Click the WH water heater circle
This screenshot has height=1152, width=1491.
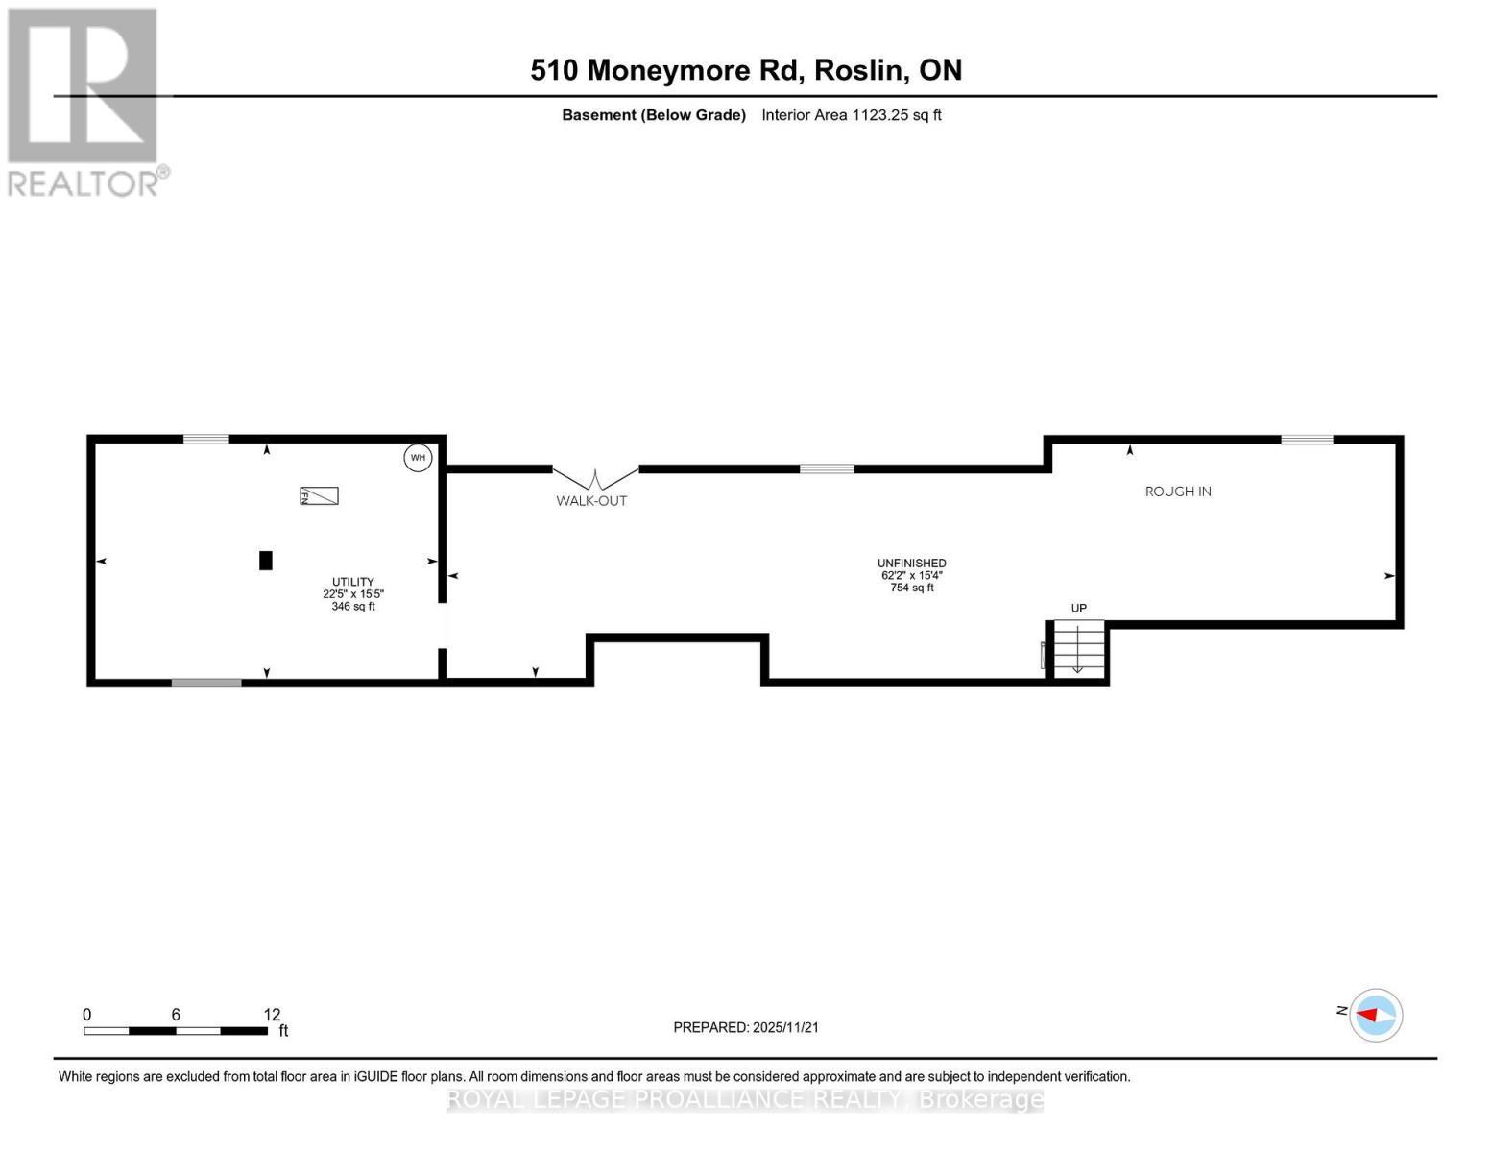click(x=418, y=458)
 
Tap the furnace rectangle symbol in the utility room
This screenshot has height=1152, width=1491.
click(x=319, y=495)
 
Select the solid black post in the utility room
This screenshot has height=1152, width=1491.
click(x=266, y=561)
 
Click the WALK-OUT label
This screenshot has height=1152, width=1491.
click(x=591, y=501)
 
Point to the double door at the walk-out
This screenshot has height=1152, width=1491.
click(x=595, y=476)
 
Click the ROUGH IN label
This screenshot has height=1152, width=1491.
click(x=1178, y=492)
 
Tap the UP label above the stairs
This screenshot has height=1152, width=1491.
click(x=1078, y=608)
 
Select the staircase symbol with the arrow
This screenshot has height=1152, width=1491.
click(x=1077, y=648)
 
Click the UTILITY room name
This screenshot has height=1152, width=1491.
click(x=353, y=582)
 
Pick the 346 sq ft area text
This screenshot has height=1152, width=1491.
click(x=353, y=607)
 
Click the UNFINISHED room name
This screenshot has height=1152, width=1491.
click(x=911, y=564)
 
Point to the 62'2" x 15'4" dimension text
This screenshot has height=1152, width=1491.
click(x=911, y=576)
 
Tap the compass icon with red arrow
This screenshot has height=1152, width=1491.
click(x=1376, y=1015)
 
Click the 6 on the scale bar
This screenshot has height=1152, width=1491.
click(x=176, y=1015)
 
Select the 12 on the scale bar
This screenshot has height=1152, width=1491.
click(x=272, y=1015)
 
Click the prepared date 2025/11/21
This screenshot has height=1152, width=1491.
click(x=785, y=1027)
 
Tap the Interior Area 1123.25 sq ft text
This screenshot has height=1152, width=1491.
click(x=851, y=115)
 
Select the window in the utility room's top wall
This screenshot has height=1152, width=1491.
click(x=206, y=440)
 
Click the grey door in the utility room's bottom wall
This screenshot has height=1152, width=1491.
click(x=206, y=683)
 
